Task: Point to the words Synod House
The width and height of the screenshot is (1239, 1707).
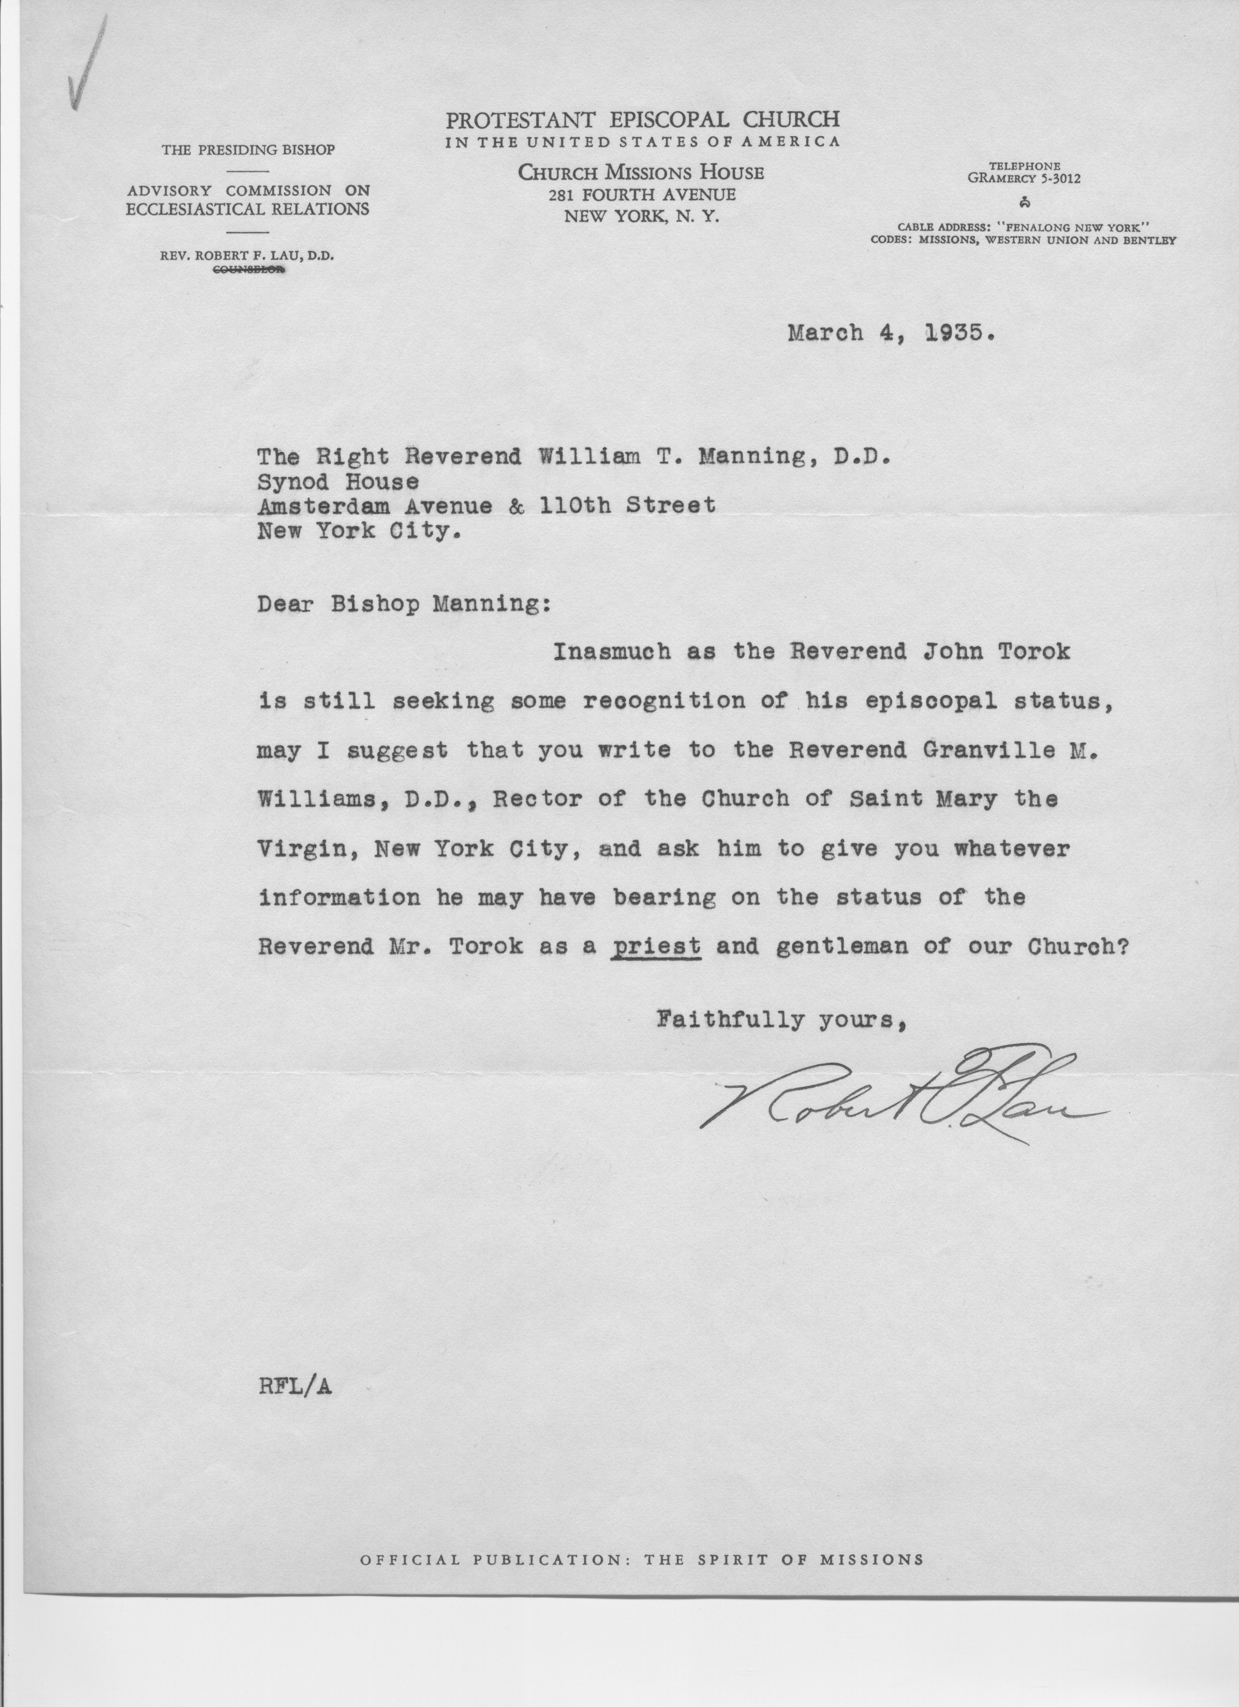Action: (x=338, y=480)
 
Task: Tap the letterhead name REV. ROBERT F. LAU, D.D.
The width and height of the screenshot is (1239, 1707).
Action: (x=247, y=255)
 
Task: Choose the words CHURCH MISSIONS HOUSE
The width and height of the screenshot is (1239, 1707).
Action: (x=641, y=173)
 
